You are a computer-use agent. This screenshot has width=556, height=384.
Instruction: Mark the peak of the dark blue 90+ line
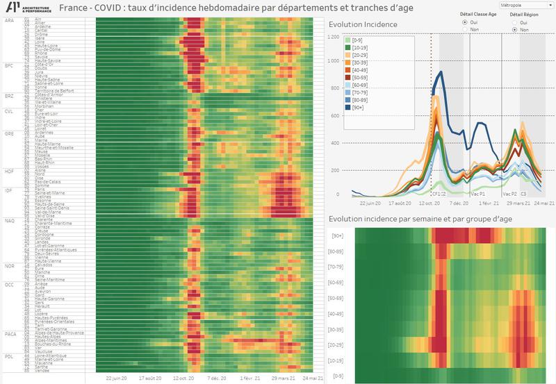pos(441,72)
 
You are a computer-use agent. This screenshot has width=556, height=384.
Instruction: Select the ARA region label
pos(9,21)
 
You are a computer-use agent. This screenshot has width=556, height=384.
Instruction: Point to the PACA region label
pos(10,333)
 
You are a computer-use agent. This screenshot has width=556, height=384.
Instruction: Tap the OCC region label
pos(9,284)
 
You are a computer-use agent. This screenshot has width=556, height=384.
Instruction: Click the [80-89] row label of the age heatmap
pos(341,251)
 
